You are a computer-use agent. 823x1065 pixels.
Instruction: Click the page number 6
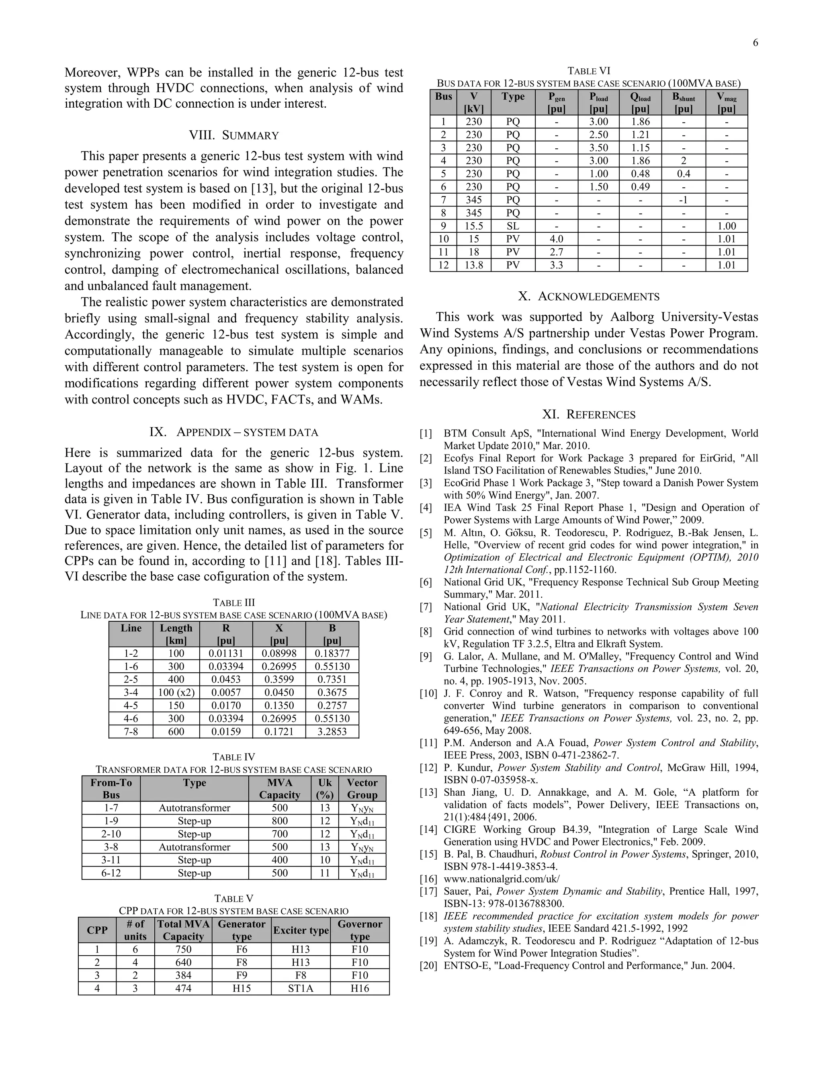click(755, 43)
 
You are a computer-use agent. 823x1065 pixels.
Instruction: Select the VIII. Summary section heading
click(234, 135)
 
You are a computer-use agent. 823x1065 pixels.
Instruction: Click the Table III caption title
click(234, 603)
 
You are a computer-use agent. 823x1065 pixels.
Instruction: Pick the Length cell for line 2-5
click(176, 679)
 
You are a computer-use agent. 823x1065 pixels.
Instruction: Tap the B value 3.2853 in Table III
click(332, 731)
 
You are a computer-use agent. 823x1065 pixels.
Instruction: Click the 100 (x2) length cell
click(176, 692)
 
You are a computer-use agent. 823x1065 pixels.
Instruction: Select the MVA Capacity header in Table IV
click(279, 789)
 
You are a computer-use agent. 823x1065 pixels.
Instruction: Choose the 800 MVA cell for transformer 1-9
click(279, 821)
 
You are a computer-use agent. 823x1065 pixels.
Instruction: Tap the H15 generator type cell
click(242, 989)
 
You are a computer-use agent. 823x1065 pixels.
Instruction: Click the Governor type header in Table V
click(359, 930)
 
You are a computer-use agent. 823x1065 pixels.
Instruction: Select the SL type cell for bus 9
click(512, 226)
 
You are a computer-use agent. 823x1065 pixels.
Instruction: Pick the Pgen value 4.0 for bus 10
click(556, 239)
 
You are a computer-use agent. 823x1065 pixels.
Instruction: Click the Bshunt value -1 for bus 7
click(683, 200)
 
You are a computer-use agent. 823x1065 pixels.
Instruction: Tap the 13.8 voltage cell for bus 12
click(473, 265)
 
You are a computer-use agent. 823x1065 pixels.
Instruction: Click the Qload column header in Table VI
click(640, 102)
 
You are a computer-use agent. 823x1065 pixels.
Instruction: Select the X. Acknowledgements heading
click(588, 297)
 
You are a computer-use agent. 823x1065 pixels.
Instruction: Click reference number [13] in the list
click(428, 793)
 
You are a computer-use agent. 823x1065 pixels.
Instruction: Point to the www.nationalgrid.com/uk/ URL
click(501, 879)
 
